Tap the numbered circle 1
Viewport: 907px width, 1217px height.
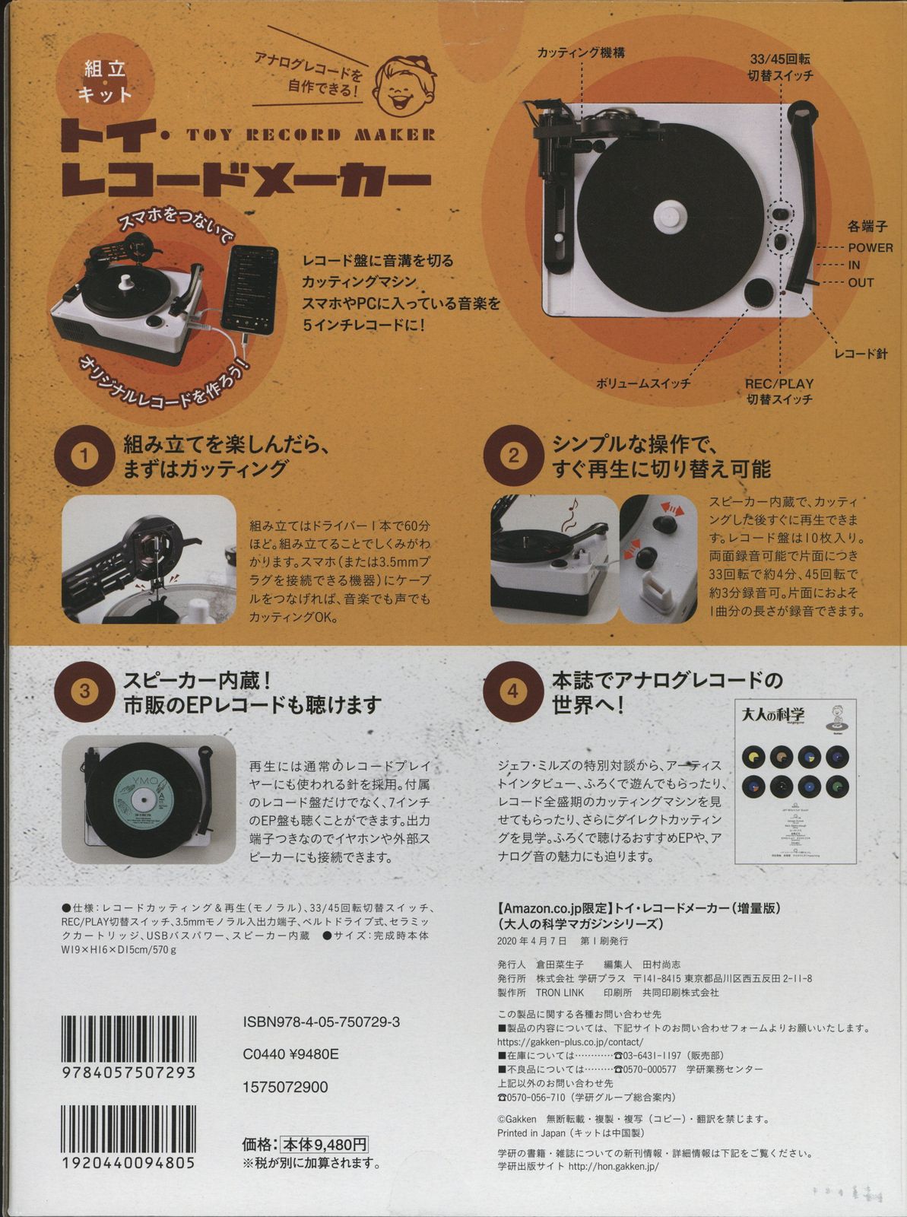tap(85, 456)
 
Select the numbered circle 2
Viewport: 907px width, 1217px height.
tap(514, 456)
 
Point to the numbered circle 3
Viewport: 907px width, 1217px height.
tap(85, 691)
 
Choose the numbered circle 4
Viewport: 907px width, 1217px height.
tap(514, 691)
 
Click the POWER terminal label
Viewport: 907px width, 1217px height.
tap(870, 247)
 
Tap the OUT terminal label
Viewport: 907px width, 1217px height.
tap(861, 282)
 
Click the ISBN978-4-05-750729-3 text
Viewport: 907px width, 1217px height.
tap(321, 1022)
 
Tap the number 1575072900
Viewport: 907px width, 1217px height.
tap(286, 1087)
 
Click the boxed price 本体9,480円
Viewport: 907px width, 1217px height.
tap(325, 1144)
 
